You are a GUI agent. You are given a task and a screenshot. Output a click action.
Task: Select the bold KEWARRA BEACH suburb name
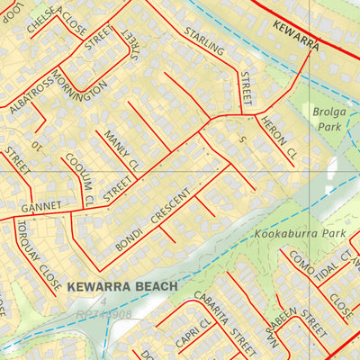(x=121, y=286)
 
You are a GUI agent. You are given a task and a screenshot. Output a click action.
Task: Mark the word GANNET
(x=40, y=206)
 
